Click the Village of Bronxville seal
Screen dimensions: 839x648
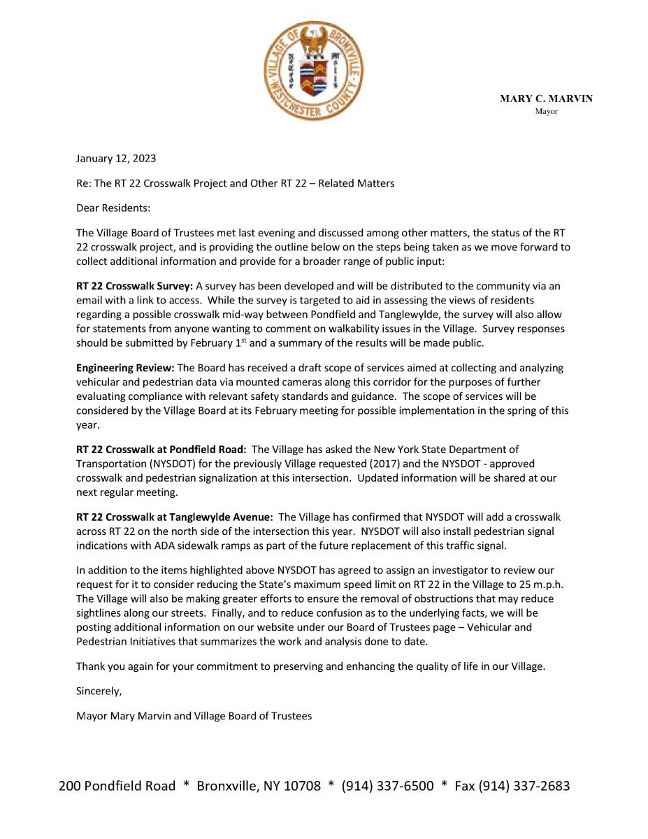pos(313,71)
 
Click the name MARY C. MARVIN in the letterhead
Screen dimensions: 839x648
pos(546,99)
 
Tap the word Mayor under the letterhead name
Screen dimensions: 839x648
pos(546,111)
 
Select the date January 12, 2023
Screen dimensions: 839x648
pos(112,158)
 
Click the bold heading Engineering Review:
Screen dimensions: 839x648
pos(126,368)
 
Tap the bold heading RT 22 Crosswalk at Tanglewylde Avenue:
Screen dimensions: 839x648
pos(174,517)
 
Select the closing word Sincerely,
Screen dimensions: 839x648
pos(99,691)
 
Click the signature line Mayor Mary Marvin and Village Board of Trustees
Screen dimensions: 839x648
pos(194,716)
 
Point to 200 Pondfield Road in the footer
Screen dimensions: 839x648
pos(117,786)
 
